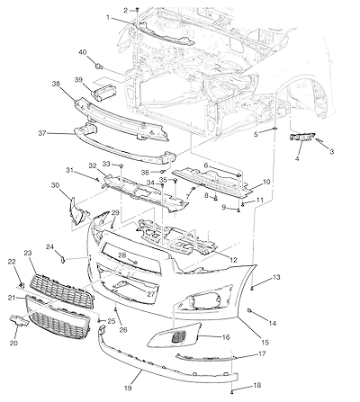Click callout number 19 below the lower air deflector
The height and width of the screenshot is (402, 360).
[x=128, y=388]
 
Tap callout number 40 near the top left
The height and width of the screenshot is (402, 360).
[x=83, y=52]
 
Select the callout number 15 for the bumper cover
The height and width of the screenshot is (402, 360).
[x=265, y=342]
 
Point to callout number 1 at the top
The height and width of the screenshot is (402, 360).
[x=108, y=18]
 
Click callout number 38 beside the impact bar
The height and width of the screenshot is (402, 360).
[x=56, y=84]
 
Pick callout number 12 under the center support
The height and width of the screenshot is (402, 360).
[x=233, y=260]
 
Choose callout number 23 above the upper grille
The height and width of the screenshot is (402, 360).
[x=28, y=254]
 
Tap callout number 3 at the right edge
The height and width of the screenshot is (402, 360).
[x=332, y=152]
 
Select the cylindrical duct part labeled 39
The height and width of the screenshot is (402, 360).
[x=104, y=91]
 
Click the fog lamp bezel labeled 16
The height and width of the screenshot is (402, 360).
[x=174, y=335]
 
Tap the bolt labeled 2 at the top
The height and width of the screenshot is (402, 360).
[x=137, y=10]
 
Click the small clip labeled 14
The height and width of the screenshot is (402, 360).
[x=249, y=311]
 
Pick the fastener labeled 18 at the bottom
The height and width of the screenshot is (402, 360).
[x=232, y=392]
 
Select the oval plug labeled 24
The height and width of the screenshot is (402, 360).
[x=63, y=259]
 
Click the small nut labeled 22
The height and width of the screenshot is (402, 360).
[x=21, y=284]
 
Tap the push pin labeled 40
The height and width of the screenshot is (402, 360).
[x=98, y=66]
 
